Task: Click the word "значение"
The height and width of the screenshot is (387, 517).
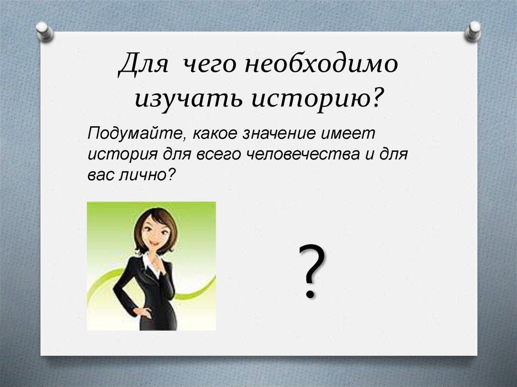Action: (273, 135)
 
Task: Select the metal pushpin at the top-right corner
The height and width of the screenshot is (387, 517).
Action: (473, 30)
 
